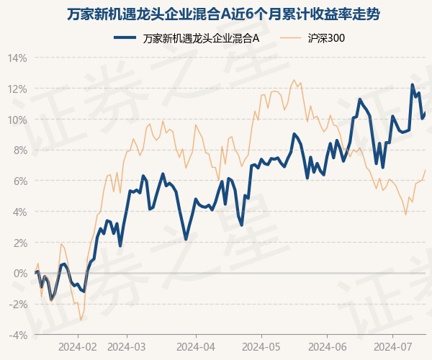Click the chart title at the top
coord(216,14)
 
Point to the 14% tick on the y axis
coord(17,58)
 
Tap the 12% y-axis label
coord(17,89)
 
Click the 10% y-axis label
coord(17,120)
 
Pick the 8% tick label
coord(19,150)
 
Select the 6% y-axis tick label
coord(19,181)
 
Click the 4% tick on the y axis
coord(19,212)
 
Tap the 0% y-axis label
coord(19,274)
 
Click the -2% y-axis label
coord(18,305)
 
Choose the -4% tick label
coord(18,336)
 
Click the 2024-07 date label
coord(392,347)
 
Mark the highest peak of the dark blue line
coord(413,85)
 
